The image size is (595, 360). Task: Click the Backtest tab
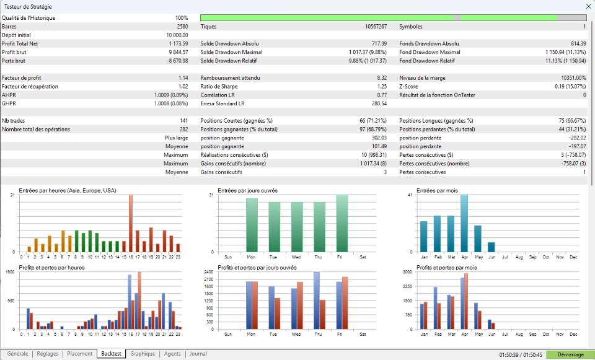111,354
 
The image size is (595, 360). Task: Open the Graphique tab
143,354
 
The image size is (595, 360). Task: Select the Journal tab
198,354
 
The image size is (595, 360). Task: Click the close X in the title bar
588,6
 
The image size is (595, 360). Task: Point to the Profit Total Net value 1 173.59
178,43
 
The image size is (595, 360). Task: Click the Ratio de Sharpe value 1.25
382,87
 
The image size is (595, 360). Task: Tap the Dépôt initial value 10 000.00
177,35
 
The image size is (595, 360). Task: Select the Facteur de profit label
22,78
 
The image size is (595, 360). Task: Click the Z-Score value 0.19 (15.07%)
570,87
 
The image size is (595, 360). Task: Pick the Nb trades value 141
183,121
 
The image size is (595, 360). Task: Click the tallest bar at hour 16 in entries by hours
131,224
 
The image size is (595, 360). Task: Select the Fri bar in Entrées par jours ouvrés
342,224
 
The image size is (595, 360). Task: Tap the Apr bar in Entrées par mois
464,224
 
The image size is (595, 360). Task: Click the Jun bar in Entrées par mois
491,247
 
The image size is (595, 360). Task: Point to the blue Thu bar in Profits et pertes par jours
317,301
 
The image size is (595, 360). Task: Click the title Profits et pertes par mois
447,268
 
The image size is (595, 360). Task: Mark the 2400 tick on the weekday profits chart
209,272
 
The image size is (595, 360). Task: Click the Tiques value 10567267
376,27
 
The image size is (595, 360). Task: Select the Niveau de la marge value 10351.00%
574,78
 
